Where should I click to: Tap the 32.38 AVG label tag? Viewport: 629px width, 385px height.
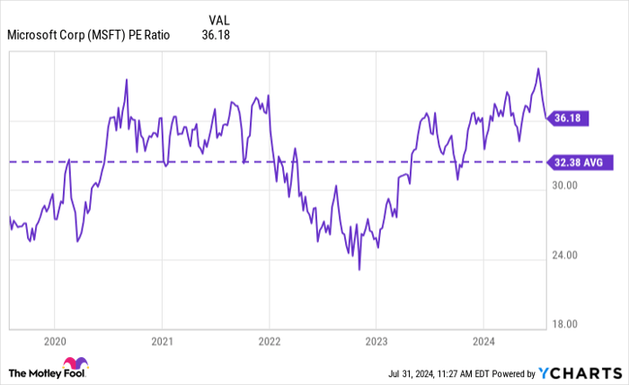(580, 162)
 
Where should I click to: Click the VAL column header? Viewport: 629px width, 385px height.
(218, 20)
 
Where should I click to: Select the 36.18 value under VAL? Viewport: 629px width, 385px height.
(218, 36)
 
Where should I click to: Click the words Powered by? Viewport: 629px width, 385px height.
(509, 372)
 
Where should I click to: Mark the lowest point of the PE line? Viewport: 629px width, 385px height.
(359, 269)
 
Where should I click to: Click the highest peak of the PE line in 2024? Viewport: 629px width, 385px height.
(538, 68)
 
